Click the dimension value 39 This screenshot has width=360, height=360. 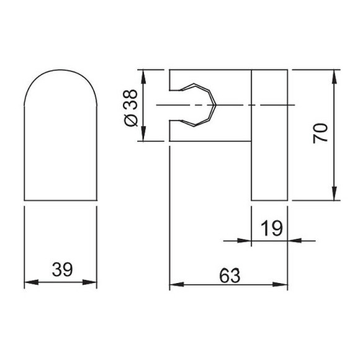coord(61,269)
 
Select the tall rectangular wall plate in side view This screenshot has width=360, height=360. coord(269,135)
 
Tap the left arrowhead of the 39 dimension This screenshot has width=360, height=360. coord(27,283)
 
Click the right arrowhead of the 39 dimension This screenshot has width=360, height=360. coord(94,283)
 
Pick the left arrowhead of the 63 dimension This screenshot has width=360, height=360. coord(174,285)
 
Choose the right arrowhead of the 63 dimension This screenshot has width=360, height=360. coord(284,285)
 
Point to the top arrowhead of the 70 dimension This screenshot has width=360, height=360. coord(335,74)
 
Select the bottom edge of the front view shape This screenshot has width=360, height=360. coord(60,200)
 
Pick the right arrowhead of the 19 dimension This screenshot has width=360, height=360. coord(292,240)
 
